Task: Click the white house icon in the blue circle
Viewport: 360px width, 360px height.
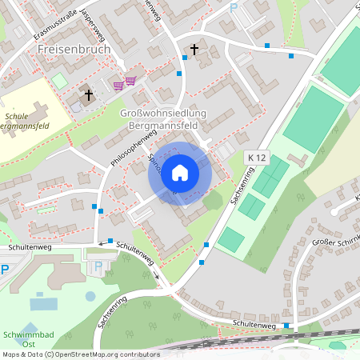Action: [180, 171]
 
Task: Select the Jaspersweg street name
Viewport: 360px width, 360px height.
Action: [93, 33]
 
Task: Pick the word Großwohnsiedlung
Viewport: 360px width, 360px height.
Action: [163, 113]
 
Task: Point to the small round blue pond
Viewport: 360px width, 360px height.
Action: [90, 296]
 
